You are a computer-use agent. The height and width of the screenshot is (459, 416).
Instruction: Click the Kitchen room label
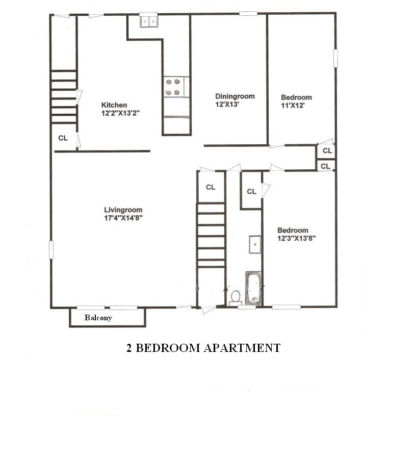[x=114, y=105]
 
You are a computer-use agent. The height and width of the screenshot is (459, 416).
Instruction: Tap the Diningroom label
[x=235, y=96]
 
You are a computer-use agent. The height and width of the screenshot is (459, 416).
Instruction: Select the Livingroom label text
[x=123, y=210]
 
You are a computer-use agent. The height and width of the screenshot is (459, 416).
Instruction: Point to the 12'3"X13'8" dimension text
[x=297, y=238]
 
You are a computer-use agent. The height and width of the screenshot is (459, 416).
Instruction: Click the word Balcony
[x=98, y=318]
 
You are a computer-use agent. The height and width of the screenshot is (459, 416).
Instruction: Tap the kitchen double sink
[x=149, y=21]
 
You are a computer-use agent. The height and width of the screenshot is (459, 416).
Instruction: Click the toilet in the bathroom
[x=236, y=297]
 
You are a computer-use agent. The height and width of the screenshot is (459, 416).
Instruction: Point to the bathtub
[x=253, y=289]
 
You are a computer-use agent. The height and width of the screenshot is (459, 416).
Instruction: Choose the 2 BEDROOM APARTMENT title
[x=203, y=348]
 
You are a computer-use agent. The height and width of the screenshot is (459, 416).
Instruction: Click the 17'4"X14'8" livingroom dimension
[x=123, y=218]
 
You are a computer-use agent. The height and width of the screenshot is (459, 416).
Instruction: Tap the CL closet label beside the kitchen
[x=63, y=138]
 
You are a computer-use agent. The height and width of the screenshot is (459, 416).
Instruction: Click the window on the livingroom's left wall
[x=51, y=249]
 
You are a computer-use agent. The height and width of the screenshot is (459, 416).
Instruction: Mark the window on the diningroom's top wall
[x=248, y=13]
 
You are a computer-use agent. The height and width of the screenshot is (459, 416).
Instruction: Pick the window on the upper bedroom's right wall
[x=335, y=58]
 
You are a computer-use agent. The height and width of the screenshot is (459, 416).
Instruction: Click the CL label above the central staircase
[x=211, y=187]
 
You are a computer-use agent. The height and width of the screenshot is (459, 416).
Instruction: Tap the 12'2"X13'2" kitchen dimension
[x=120, y=113]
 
